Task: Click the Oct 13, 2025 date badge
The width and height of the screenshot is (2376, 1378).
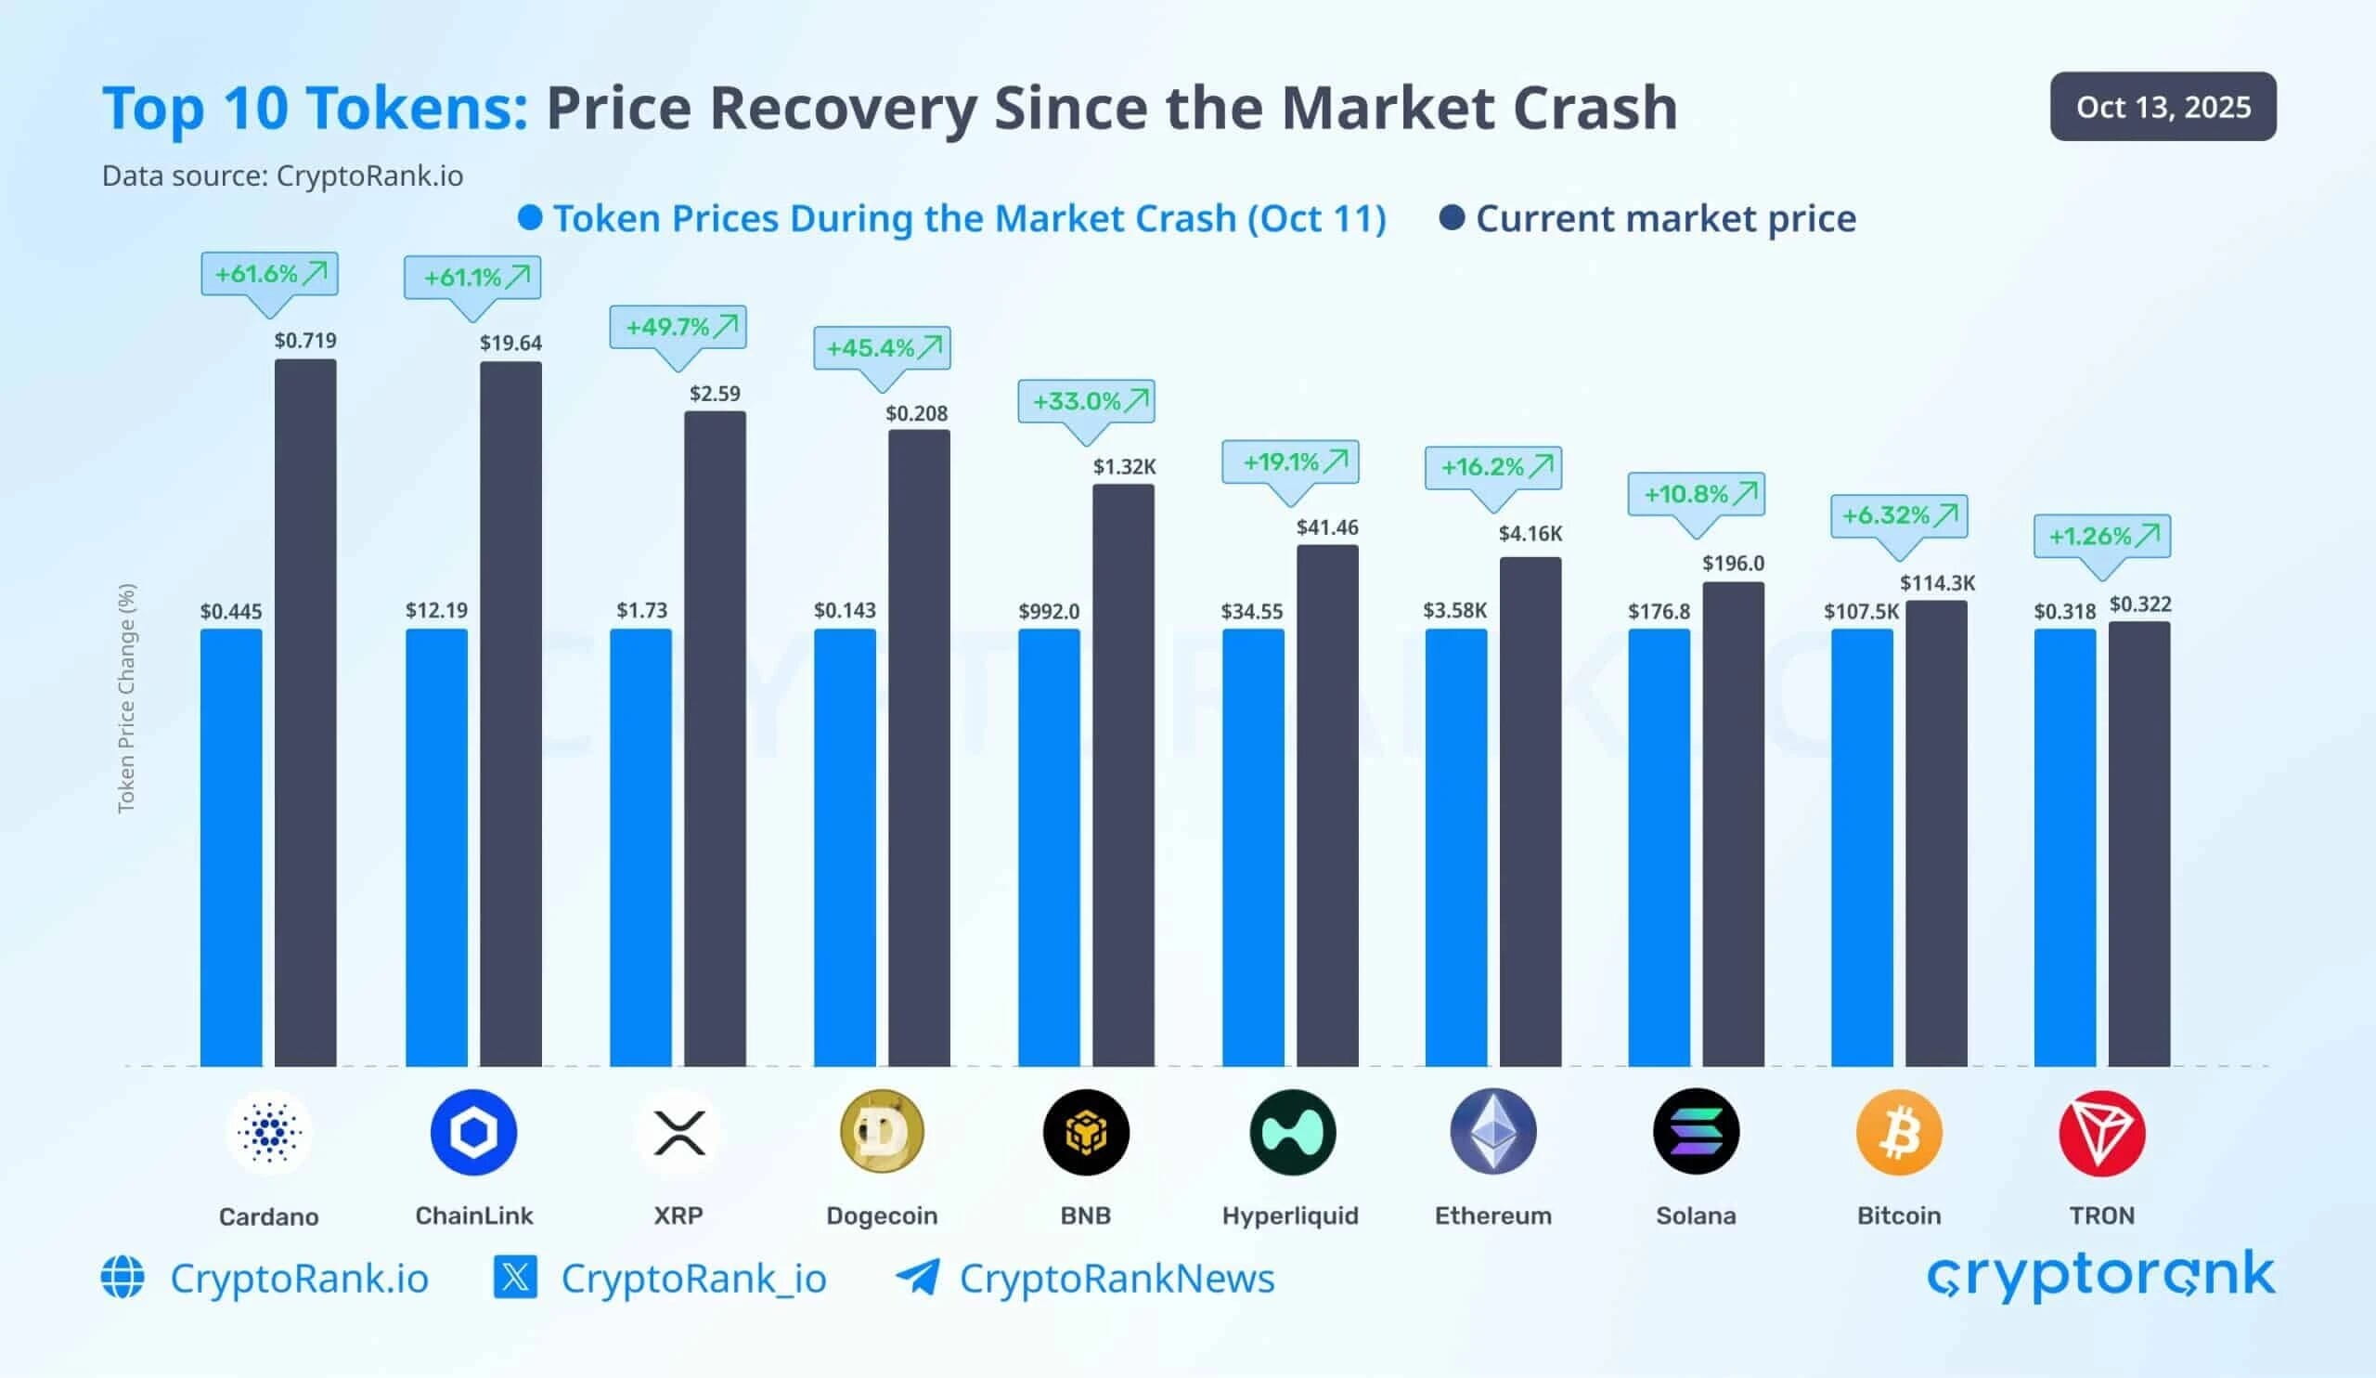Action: [x=2162, y=107]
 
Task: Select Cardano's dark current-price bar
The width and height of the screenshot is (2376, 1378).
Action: [x=305, y=712]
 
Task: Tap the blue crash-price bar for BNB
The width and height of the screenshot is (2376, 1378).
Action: [x=1049, y=847]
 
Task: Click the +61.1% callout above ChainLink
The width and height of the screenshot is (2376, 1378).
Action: [x=472, y=278]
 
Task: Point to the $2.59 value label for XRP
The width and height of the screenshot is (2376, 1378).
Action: [x=715, y=394]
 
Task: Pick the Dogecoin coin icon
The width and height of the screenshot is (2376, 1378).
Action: [x=882, y=1131]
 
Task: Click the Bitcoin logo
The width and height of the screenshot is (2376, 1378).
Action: [x=1899, y=1132]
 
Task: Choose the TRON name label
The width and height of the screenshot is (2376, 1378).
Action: [x=2101, y=1215]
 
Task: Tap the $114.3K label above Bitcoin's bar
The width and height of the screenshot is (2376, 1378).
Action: [x=1937, y=583]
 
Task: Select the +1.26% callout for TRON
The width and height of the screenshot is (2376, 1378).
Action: [x=2101, y=536]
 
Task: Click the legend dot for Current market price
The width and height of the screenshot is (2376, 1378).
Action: [x=1452, y=219]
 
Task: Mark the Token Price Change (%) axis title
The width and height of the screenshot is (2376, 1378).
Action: [x=126, y=698]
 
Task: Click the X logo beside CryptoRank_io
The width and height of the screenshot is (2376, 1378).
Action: [x=516, y=1277]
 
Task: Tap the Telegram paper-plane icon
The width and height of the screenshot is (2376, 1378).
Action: [x=917, y=1277]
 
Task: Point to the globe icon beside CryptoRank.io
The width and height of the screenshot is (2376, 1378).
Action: [x=123, y=1277]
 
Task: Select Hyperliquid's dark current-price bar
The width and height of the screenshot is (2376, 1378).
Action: [x=1327, y=805]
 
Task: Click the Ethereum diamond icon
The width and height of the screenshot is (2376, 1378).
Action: [x=1492, y=1131]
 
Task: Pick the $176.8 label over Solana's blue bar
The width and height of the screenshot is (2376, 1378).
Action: [x=1659, y=611]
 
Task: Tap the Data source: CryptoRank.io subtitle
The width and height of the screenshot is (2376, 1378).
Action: [x=283, y=176]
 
